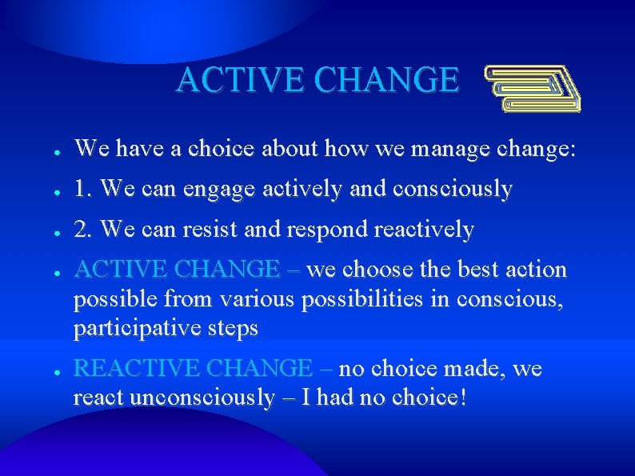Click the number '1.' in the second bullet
(85, 189)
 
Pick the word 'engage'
(218, 190)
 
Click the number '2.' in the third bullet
(85, 230)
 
